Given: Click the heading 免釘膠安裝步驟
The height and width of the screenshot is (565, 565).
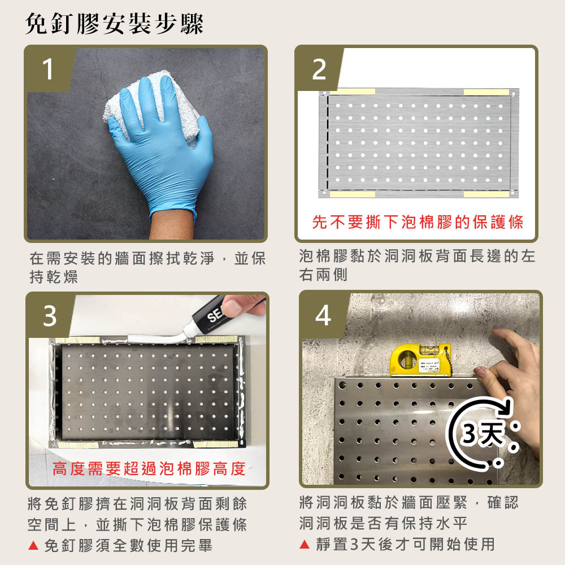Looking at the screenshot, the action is pos(114,24).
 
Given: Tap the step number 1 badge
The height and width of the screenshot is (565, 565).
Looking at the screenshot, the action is pos(48,68).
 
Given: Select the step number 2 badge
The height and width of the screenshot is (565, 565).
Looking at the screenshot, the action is pos(319,69).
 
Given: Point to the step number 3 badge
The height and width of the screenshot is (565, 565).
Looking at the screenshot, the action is pos(50,316).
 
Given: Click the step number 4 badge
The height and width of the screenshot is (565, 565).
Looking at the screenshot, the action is pos(323,315).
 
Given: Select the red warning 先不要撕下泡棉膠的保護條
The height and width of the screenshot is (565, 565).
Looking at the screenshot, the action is pos(418,221).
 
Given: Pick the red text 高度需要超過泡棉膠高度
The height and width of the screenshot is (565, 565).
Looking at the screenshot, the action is pos(149,469).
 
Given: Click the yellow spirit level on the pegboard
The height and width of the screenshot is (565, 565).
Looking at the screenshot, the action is pos(420,360).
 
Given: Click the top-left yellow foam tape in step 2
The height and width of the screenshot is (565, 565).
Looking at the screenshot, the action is pos(352,92).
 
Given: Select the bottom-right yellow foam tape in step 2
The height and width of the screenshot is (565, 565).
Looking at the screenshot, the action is pos(486,194).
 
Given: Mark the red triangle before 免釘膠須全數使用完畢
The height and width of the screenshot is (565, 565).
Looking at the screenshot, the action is pos(33,545).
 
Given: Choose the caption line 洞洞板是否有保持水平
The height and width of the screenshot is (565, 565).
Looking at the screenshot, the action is pos(384,523).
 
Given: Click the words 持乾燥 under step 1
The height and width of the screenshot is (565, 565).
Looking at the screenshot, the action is pos(54,277).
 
